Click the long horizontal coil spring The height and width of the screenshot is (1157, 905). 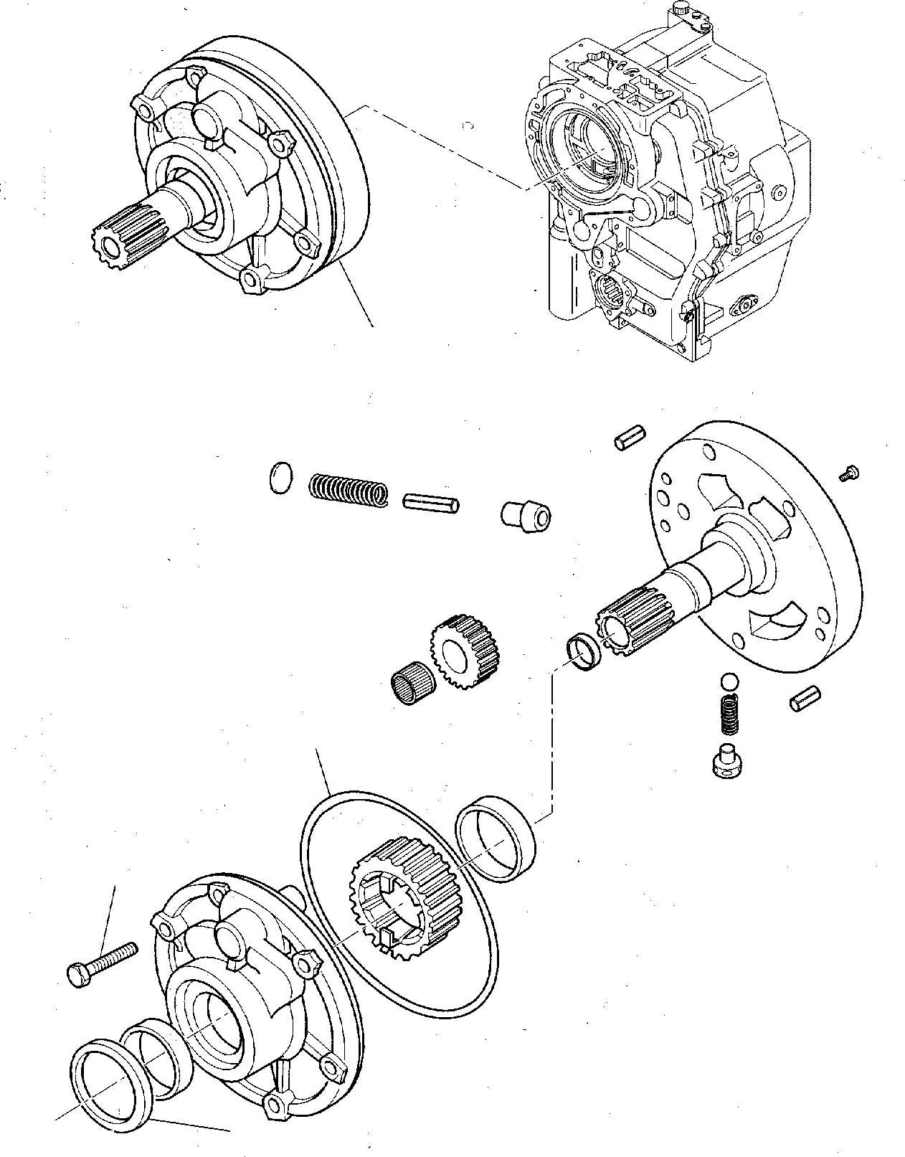click(349, 490)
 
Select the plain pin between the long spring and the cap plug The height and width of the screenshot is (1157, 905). click(431, 501)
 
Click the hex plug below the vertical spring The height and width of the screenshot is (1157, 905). click(729, 762)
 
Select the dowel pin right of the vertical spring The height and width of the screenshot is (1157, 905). click(805, 699)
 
